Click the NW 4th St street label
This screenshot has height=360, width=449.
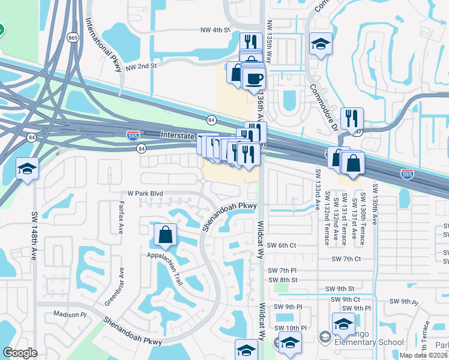pos(216,29)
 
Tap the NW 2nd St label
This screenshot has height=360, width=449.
pos(141,67)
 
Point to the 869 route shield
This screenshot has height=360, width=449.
pos(73,38)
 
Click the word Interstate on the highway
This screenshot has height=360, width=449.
pos(179,136)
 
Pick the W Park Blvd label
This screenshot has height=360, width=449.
pos(146,194)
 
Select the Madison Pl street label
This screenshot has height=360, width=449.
pos(70,314)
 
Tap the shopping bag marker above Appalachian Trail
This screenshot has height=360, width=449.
pos(165,235)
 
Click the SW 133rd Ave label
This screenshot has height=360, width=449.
pos(318,189)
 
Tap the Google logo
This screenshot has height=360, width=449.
pos(20,353)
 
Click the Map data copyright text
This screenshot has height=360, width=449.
pos(424,355)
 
